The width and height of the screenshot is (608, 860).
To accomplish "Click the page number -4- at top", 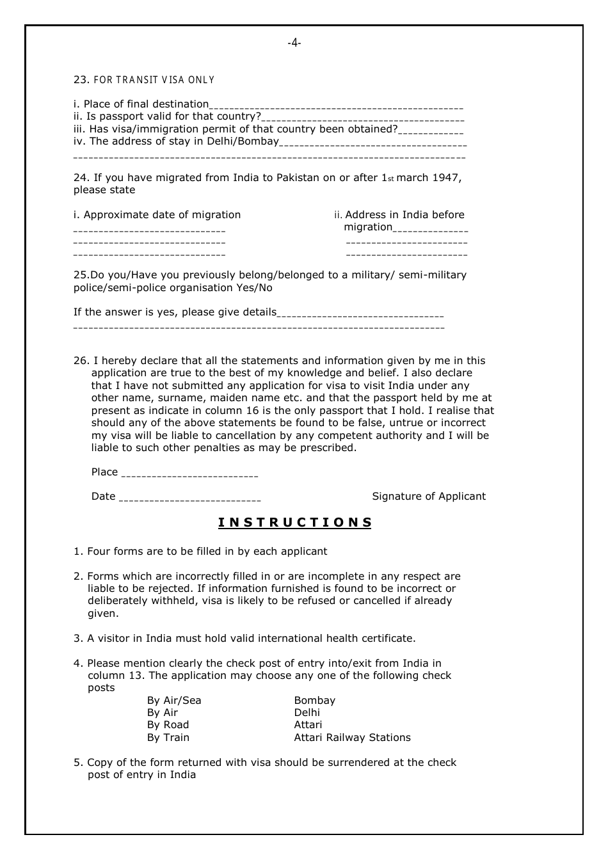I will click(x=294, y=44).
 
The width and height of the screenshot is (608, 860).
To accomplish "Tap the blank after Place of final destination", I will click(x=336, y=106).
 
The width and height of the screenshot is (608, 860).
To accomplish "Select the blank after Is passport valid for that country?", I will click(x=363, y=118).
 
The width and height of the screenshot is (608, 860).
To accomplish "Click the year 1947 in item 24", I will click(x=447, y=178).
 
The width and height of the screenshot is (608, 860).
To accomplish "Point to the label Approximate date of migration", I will click(x=157, y=215).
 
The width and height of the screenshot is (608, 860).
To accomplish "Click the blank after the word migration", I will click(x=430, y=228).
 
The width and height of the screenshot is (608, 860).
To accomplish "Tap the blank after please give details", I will click(x=360, y=314).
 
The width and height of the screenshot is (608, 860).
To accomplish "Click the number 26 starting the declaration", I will click(x=81, y=361).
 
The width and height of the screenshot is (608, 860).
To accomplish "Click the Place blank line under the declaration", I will click(x=189, y=474).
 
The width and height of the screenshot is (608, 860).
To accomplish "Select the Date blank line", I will click(x=189, y=498).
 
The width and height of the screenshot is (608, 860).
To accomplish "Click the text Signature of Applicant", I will click(x=429, y=497).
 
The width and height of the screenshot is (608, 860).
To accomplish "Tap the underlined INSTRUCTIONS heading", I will click(x=295, y=522).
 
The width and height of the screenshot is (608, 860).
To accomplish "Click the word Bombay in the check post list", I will click(x=314, y=701).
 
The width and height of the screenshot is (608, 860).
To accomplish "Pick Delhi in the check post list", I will click(x=307, y=713).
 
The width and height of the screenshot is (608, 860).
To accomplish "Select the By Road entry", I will click(x=168, y=725).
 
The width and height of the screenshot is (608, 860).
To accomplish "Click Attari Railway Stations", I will click(x=352, y=738).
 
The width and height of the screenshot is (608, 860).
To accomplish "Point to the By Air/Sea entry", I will click(x=174, y=701).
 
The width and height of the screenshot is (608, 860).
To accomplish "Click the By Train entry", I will click(x=168, y=738).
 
